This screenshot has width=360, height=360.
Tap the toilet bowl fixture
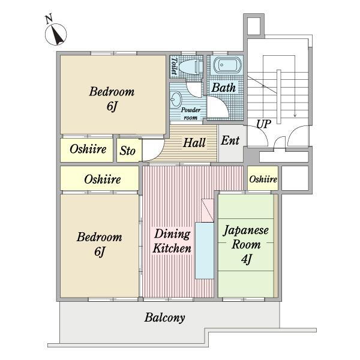point(190,67)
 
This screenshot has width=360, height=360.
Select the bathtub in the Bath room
point(227,65)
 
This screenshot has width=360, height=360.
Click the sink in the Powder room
point(176,100)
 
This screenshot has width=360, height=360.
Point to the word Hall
point(194,143)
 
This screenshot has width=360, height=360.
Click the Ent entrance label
point(230,140)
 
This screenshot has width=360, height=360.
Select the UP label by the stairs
point(263,124)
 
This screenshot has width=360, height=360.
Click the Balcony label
point(164,317)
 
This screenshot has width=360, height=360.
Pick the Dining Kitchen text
point(172,241)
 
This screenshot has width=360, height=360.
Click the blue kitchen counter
point(205,250)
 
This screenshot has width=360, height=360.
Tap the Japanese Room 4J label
point(246,244)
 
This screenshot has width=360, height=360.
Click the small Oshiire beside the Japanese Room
point(263,178)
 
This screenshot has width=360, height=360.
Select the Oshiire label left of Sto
point(88,149)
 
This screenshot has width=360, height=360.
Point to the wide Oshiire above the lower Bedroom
point(100,178)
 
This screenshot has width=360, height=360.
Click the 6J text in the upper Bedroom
point(112,106)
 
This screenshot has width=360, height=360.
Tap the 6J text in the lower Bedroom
point(100,251)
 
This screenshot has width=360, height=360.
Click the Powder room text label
point(191,113)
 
